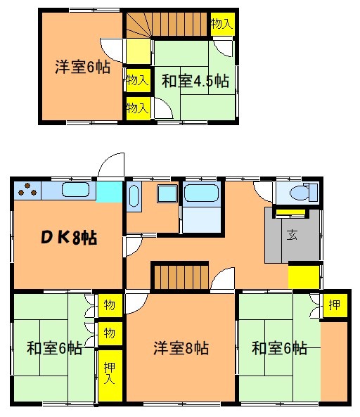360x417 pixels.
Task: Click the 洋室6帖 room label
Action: click(x=82, y=67)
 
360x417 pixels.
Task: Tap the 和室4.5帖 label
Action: click(x=195, y=81)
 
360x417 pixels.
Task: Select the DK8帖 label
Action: click(x=69, y=237)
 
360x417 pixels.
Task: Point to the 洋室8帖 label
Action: click(x=181, y=348)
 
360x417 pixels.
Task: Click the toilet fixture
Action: click(x=303, y=193)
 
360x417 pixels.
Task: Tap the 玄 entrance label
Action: click(x=292, y=235)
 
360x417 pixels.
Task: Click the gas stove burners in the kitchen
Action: click(x=27, y=189)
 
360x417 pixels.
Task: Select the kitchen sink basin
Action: click(x=76, y=190)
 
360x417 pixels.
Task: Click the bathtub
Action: click(x=201, y=193)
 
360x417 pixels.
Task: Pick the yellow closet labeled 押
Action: click(x=335, y=305)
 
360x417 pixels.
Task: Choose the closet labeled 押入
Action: click(x=110, y=376)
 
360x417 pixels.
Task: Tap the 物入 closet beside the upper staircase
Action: click(x=222, y=24)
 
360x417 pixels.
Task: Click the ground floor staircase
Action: click(x=180, y=277)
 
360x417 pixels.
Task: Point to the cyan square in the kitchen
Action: click(x=109, y=192)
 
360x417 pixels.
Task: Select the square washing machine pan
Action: click(x=167, y=193)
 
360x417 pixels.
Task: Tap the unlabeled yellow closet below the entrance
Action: click(x=304, y=277)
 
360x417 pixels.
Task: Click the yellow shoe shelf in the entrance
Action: click(x=290, y=212)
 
